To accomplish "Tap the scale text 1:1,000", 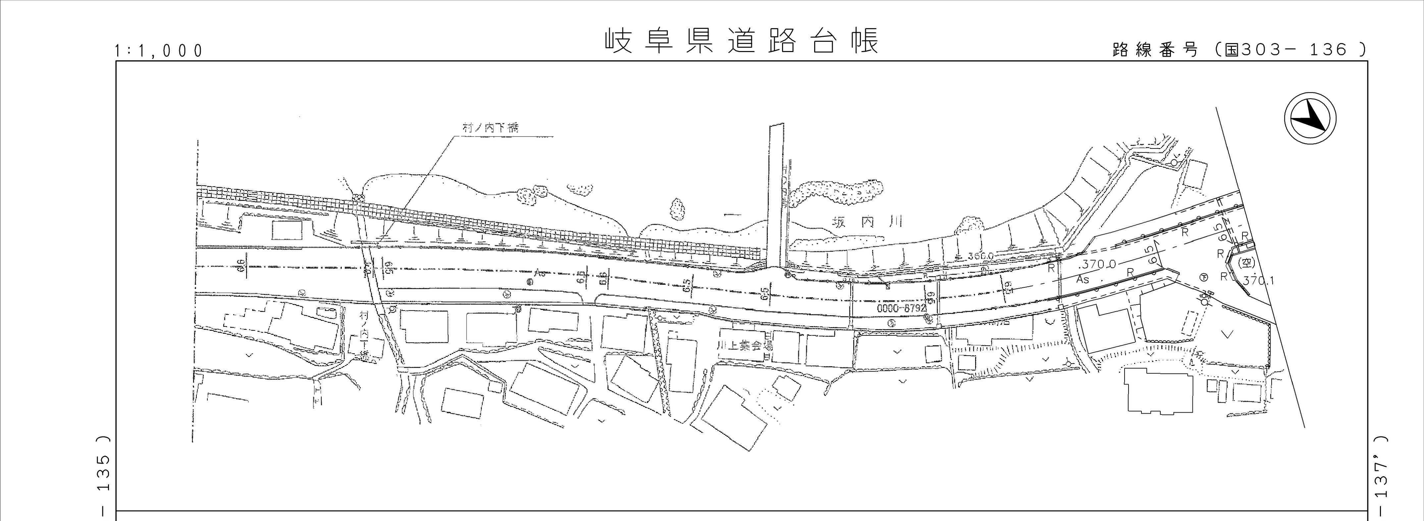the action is click(x=159, y=51).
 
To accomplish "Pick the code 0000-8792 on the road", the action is click(x=901, y=308).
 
